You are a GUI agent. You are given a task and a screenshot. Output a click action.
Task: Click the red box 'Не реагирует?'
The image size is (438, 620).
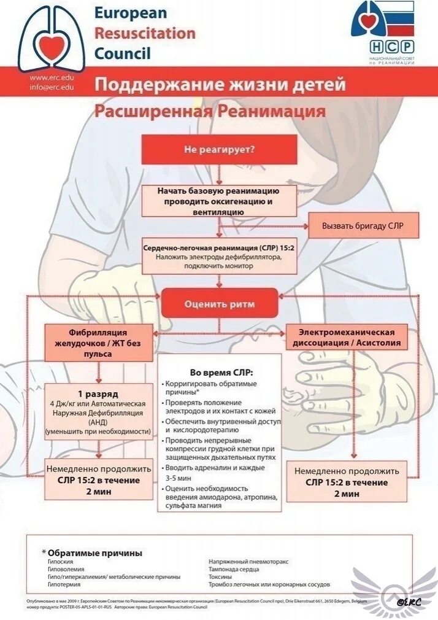click(219, 149)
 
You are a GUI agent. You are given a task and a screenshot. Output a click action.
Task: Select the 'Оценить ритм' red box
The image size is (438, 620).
click(219, 304)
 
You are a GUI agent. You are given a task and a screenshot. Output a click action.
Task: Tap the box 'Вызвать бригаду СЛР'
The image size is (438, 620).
click(363, 226)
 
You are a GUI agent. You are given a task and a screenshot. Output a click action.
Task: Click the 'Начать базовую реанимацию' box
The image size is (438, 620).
click(218, 201)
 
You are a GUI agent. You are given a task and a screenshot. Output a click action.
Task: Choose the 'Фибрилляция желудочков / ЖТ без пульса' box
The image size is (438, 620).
click(99, 343)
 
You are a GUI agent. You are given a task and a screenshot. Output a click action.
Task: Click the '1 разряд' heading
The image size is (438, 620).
click(98, 393)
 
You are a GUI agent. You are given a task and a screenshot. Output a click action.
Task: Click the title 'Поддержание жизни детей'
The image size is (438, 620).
click(220, 84)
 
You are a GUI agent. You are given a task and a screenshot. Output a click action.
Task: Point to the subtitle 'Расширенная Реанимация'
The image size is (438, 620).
click(209, 112)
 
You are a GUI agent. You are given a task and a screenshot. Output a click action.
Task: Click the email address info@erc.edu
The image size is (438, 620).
click(52, 87)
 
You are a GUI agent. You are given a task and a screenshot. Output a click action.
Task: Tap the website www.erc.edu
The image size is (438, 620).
click(52, 78)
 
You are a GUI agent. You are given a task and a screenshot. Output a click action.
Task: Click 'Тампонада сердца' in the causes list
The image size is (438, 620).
click(233, 569)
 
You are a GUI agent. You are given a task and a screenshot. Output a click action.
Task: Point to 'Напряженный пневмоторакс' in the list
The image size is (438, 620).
click(248, 561)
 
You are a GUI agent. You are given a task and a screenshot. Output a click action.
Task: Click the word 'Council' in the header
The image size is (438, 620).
click(122, 53)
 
